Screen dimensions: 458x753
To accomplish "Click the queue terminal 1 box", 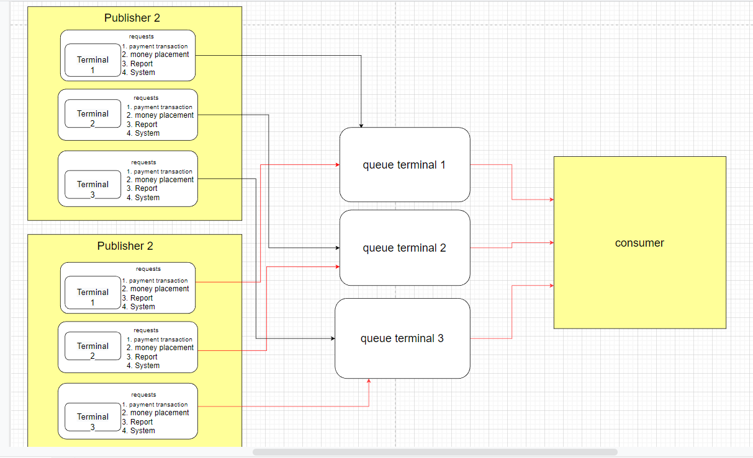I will click(405, 165).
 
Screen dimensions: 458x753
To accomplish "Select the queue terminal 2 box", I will click(405, 248).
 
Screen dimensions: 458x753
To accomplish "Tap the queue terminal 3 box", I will click(402, 338).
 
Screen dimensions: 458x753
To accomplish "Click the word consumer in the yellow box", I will click(639, 243).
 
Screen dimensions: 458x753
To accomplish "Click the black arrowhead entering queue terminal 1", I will click(361, 126).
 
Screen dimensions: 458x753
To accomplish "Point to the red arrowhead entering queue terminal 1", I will click(337, 165).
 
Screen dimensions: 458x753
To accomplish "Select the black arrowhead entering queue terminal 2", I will click(337, 248).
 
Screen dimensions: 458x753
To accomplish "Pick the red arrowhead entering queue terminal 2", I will click(337, 266).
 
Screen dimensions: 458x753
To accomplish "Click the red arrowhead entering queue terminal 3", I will click(369, 381).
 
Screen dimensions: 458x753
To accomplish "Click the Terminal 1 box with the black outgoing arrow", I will click(92, 60).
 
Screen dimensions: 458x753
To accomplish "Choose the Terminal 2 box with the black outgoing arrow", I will click(92, 114).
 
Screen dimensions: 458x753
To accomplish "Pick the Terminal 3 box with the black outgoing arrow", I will click(92, 185).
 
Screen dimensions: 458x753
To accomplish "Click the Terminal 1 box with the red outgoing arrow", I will click(92, 292).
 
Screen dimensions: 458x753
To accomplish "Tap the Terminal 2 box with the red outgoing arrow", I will click(92, 346).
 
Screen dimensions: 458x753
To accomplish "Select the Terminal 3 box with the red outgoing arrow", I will click(92, 417).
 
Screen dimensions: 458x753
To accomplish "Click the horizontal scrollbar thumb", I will click(435, 452).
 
